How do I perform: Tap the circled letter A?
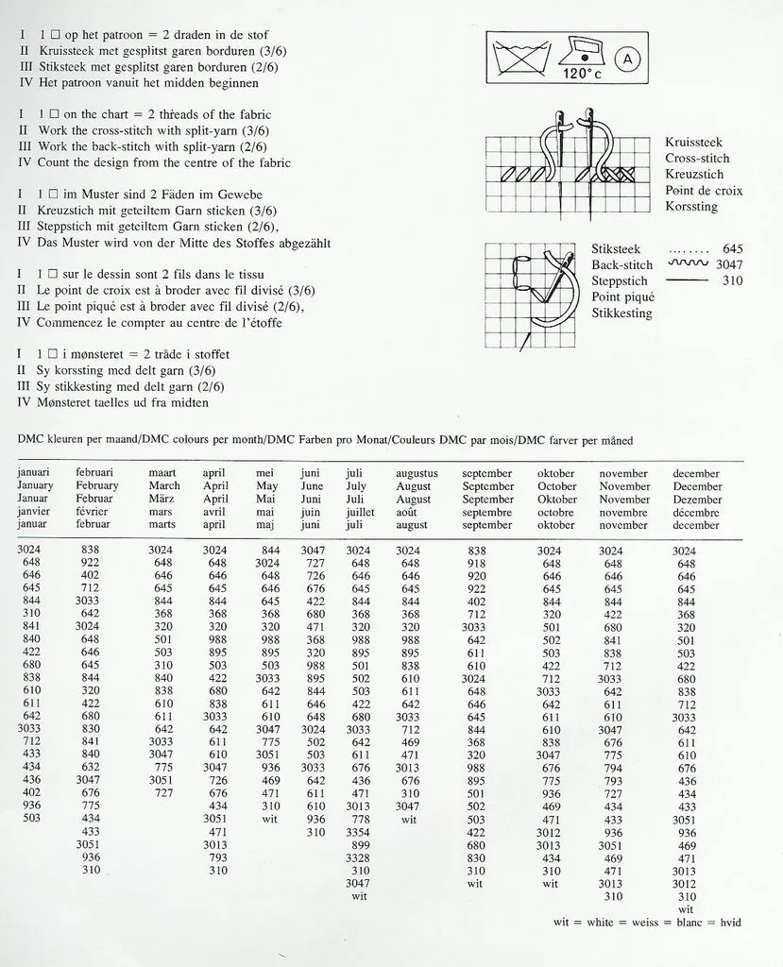628,59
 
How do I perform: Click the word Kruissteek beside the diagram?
693,143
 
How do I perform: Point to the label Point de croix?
703,191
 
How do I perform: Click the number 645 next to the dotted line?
731,249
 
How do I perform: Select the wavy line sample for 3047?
687,264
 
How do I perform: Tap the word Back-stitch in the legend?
621,265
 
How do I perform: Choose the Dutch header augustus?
417,473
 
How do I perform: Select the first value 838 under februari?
91,550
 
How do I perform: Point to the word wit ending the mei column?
270,820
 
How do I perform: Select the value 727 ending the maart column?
163,793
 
